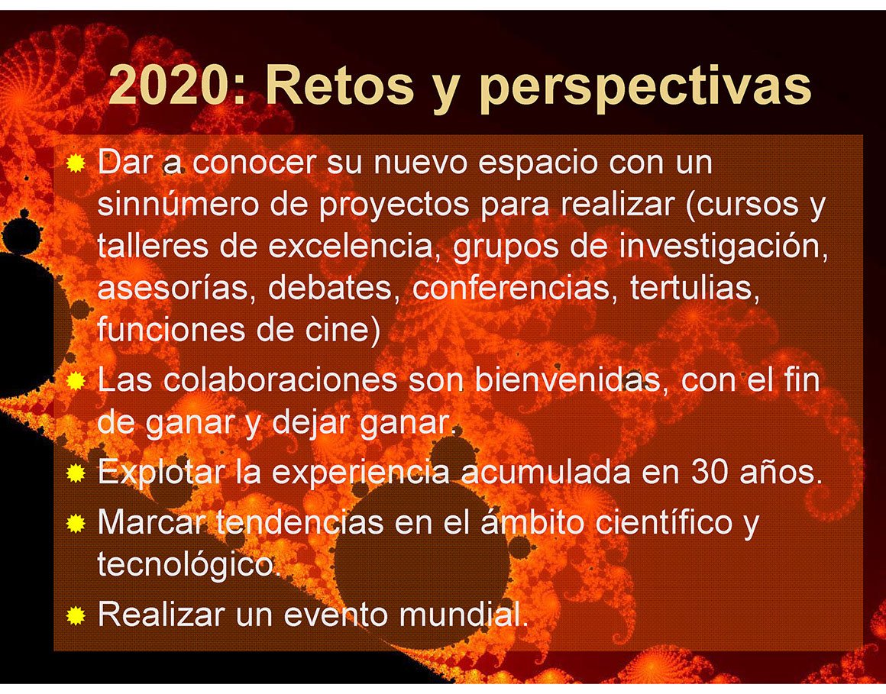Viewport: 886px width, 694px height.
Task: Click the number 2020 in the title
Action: point(169,85)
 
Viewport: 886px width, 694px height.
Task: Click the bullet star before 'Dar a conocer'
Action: point(76,163)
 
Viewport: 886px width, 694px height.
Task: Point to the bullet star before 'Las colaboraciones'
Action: point(76,381)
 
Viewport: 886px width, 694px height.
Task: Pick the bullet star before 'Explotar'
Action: point(76,473)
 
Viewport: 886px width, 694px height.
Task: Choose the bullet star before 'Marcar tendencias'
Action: point(76,524)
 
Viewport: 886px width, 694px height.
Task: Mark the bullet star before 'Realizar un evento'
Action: point(76,615)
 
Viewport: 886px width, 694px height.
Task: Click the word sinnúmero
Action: point(178,205)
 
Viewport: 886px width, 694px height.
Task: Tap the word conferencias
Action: point(512,288)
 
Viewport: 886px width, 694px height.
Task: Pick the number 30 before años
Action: point(709,472)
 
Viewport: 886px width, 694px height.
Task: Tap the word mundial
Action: point(464,614)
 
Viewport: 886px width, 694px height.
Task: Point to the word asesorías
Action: point(173,288)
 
